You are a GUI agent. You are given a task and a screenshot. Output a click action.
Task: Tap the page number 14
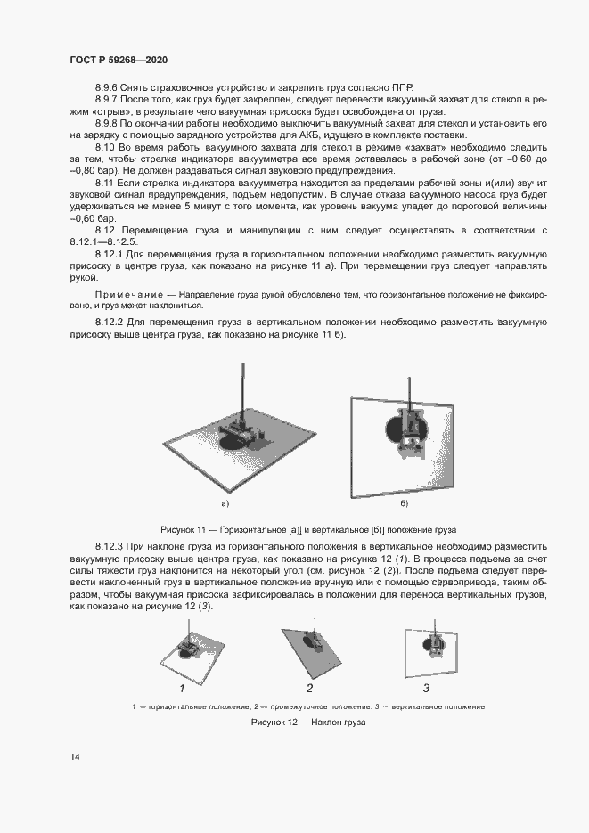[75, 756]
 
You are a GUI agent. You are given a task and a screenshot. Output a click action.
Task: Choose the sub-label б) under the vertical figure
[404, 504]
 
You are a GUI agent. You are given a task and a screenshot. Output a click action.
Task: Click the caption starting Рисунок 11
[307, 527]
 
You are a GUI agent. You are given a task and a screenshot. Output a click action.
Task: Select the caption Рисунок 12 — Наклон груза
[307, 723]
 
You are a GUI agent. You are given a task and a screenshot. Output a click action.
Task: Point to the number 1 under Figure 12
[182, 688]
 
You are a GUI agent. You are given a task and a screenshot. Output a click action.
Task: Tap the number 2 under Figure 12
[309, 688]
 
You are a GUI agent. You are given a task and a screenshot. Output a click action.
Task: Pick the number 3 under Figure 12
[426, 688]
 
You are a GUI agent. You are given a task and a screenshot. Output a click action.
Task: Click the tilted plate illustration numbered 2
[309, 646]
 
